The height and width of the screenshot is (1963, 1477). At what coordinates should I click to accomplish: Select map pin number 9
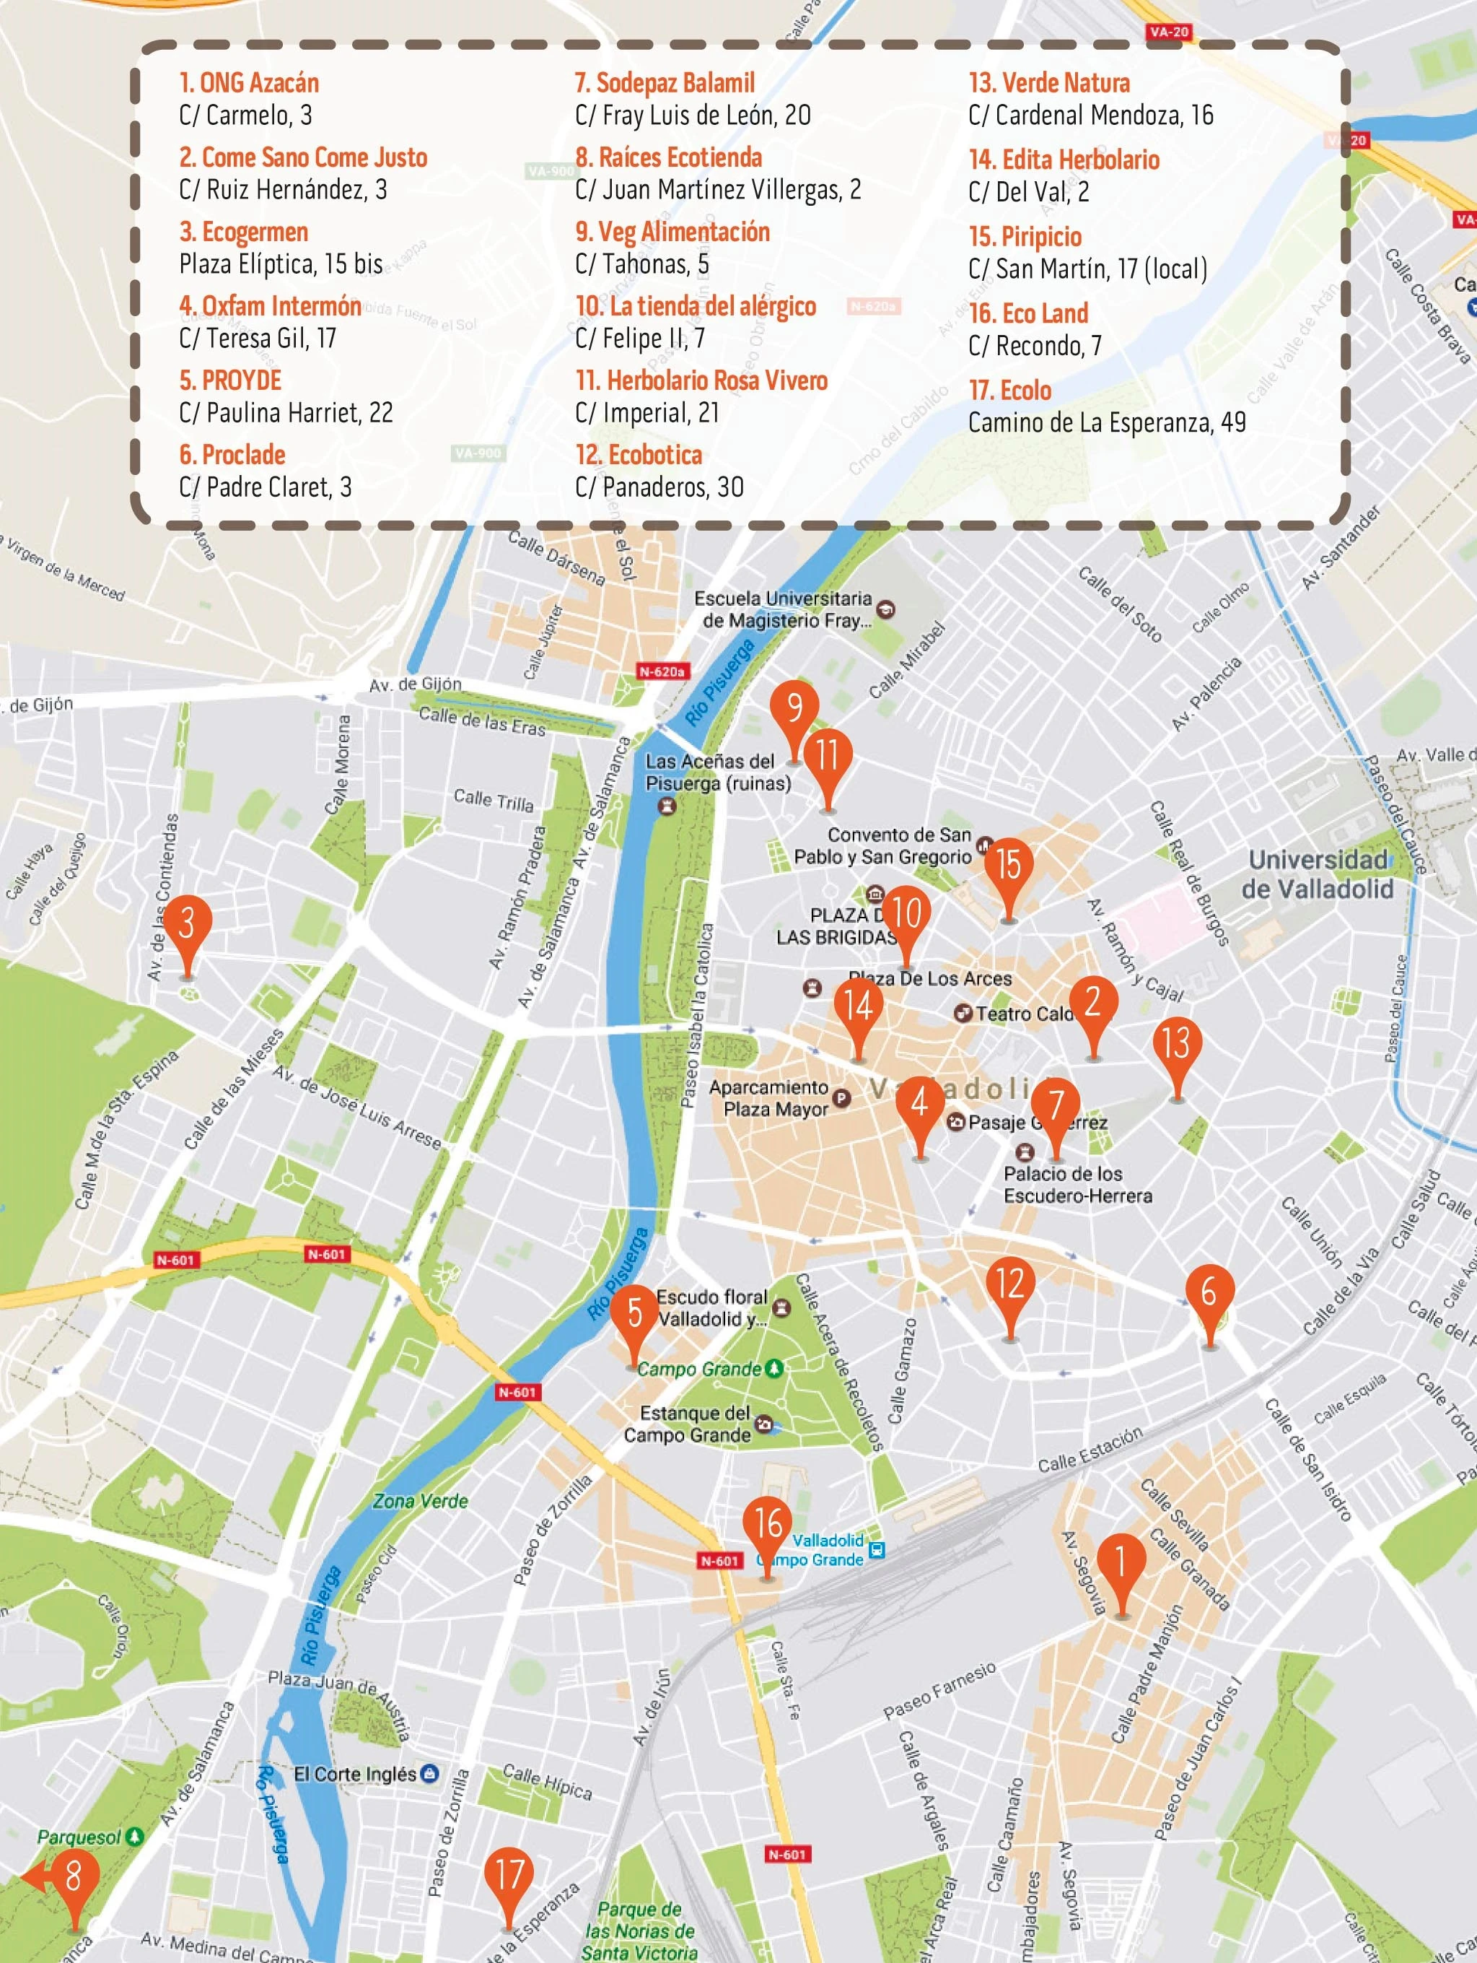pyautogui.click(x=794, y=709)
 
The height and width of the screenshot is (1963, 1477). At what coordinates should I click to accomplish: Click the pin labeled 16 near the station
pyautogui.click(x=767, y=1525)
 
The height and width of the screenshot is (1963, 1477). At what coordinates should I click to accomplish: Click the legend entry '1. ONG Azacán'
pyautogui.click(x=249, y=84)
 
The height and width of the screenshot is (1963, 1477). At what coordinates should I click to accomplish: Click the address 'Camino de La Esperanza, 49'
pyautogui.click(x=1106, y=422)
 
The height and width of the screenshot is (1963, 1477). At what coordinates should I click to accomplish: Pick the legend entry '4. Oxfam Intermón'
pyautogui.click(x=270, y=306)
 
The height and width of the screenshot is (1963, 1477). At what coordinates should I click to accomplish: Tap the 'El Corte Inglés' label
pyautogui.click(x=355, y=1774)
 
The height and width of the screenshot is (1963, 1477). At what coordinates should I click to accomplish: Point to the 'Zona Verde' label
pyautogui.click(x=420, y=1502)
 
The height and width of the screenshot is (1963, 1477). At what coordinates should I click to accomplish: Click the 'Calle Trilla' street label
pyautogui.click(x=494, y=801)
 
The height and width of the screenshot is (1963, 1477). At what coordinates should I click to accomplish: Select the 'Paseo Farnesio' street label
pyautogui.click(x=939, y=1692)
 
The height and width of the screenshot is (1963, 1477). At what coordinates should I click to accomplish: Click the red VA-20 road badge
pyautogui.click(x=1168, y=32)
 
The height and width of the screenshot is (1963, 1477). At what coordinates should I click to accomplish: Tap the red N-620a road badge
pyautogui.click(x=662, y=672)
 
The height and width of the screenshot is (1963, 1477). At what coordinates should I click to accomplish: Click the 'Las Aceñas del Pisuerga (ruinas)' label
pyautogui.click(x=718, y=772)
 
